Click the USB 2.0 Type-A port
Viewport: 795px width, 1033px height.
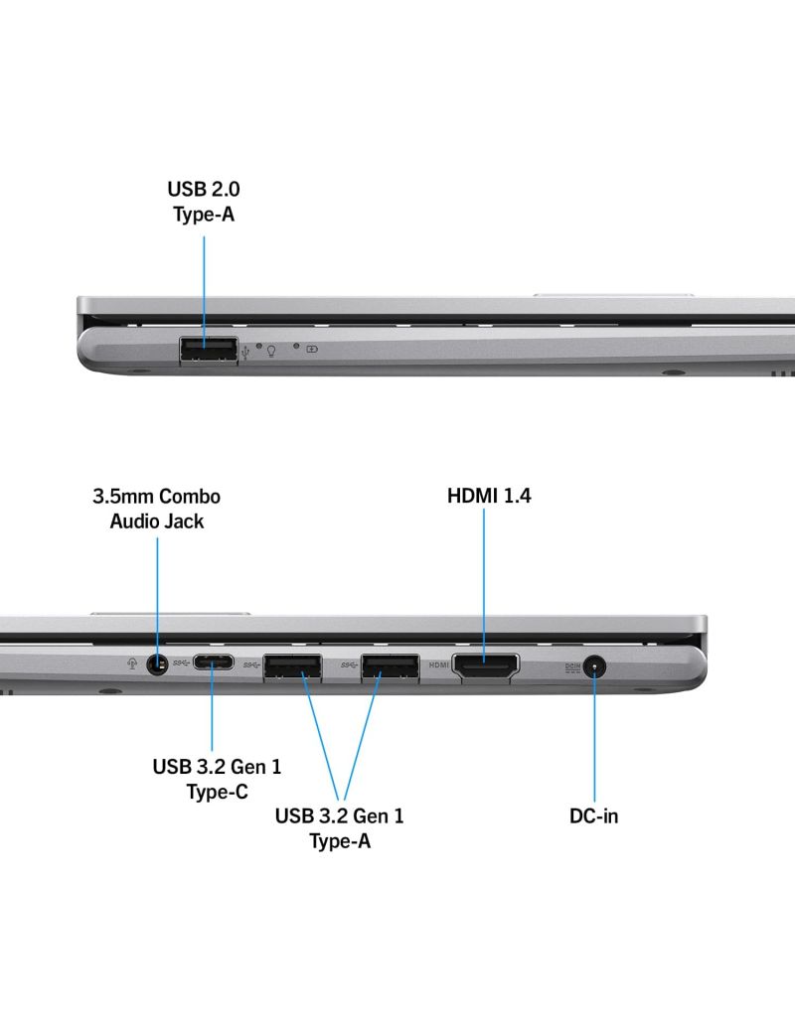coord(209,350)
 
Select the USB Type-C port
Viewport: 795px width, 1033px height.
coord(214,663)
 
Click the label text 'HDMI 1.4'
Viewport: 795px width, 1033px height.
coord(489,495)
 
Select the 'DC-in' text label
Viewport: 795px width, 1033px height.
coord(593,816)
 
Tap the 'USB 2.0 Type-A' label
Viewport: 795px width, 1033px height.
coord(203,200)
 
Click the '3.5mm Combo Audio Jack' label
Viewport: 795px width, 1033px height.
coord(157,508)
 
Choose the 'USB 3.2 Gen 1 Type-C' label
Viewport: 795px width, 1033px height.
coord(217,779)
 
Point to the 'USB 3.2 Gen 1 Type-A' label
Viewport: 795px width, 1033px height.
coord(340,828)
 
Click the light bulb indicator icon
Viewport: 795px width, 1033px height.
coord(270,351)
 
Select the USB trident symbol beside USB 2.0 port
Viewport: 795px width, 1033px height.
coord(245,350)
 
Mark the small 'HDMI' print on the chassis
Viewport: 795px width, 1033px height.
coord(439,664)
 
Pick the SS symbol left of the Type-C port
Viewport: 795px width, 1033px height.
coord(179,662)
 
